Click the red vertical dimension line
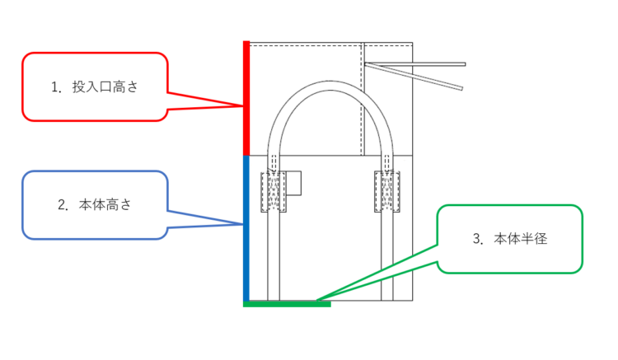coord(246,97)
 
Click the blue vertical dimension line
coord(246,228)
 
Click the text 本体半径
coord(521,239)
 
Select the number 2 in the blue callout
coord(62,205)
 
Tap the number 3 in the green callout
coord(477,239)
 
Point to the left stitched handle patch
coord(273,192)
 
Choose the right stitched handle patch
coord(387,192)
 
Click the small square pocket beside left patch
coord(295,183)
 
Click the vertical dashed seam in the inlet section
coord(363,99)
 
